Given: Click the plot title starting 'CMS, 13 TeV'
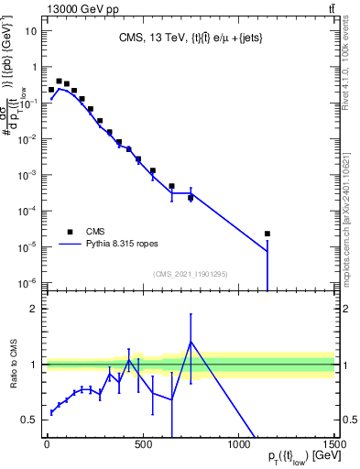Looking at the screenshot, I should (190, 38).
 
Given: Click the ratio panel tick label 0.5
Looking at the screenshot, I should (30, 420).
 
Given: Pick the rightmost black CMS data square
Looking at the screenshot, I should (267, 234).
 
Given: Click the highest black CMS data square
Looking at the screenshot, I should (59, 81).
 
